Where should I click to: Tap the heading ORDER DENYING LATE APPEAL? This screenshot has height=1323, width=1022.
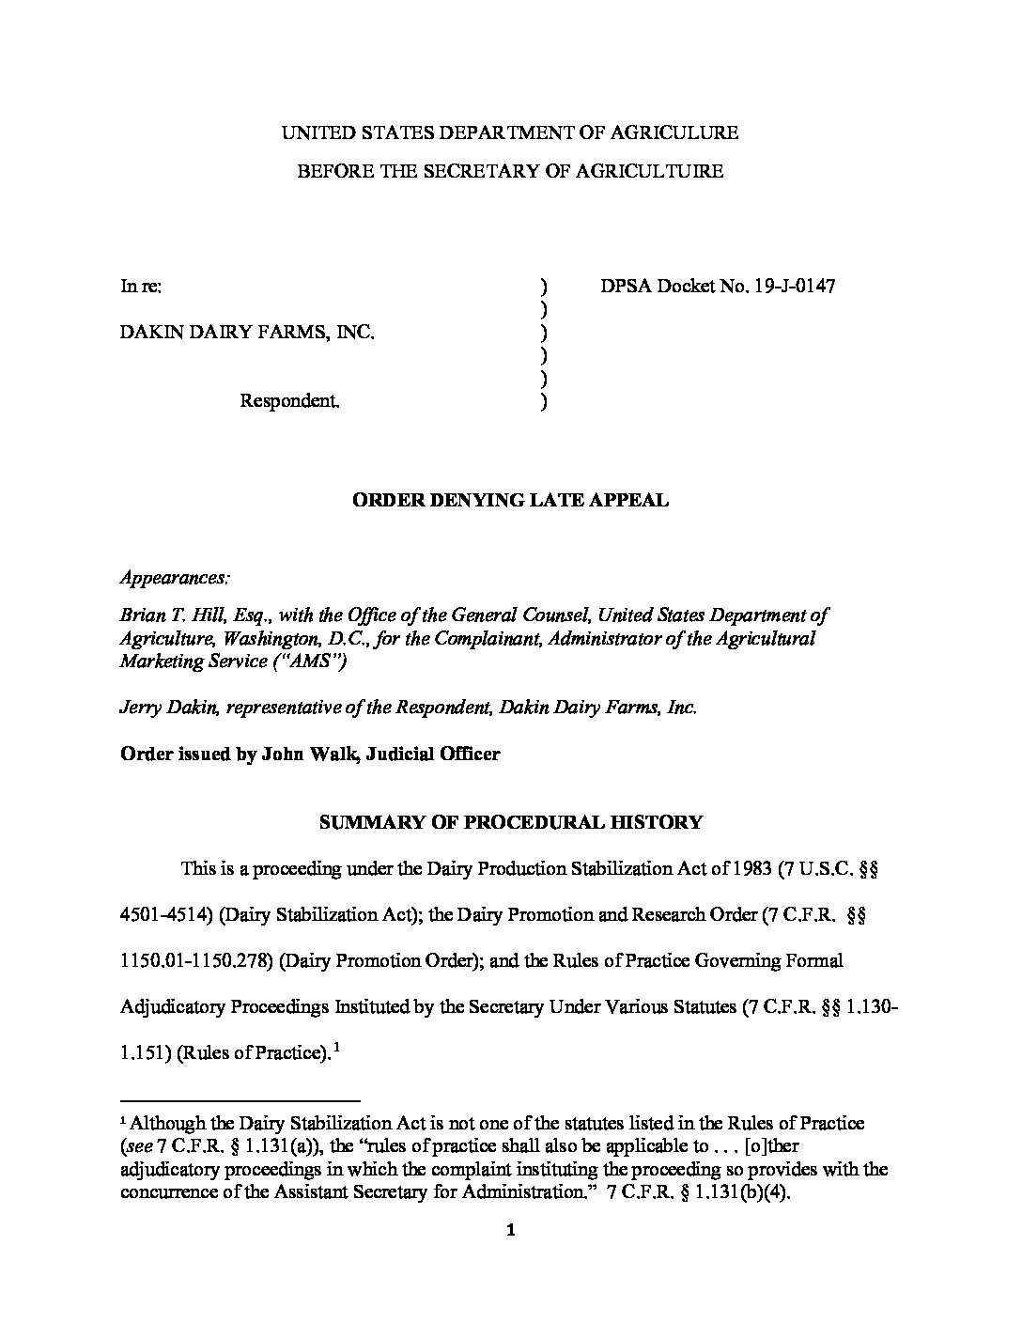coord(510,500)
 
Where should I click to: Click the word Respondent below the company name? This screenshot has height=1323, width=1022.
coord(287,401)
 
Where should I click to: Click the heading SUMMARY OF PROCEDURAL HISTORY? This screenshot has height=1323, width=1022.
coord(510,822)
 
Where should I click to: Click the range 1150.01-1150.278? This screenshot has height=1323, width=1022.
coord(195,961)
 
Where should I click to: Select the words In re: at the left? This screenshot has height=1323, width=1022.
coord(141,286)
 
